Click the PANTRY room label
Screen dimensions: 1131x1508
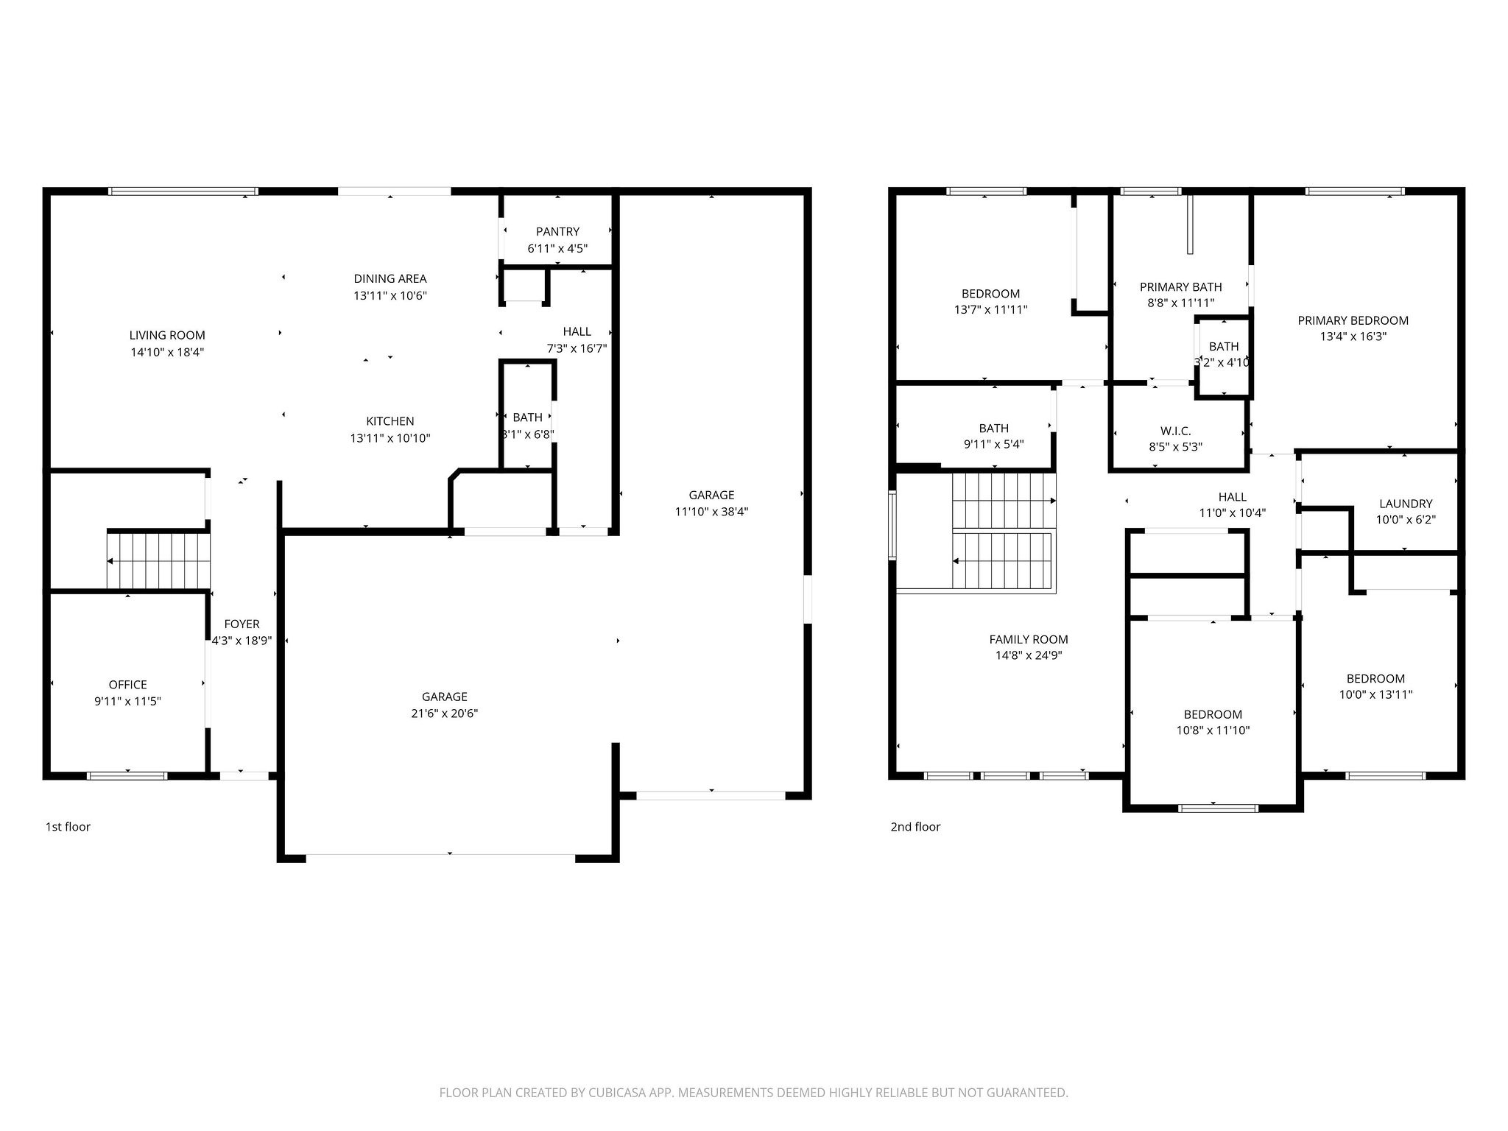557,232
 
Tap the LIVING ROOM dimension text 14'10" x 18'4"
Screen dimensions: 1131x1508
167,352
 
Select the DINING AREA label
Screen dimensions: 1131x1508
390,278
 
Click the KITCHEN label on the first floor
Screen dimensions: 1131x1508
390,421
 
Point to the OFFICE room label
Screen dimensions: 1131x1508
127,685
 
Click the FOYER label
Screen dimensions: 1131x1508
242,624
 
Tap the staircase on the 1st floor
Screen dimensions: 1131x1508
159,560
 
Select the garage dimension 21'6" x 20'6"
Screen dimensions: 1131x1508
444,714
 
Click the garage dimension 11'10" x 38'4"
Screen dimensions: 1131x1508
711,512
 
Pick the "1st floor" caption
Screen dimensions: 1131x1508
68,827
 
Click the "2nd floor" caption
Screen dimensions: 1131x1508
915,827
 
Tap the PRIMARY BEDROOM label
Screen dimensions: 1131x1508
1353,320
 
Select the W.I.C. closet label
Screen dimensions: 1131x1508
1175,431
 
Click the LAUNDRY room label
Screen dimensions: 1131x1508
1405,504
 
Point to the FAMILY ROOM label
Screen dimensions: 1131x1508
1028,639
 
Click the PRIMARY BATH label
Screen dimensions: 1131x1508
1180,287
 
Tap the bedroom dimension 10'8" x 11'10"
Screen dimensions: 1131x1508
1213,730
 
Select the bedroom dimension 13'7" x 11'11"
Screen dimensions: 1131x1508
990,310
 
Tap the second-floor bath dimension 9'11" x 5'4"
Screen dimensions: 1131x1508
993,444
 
